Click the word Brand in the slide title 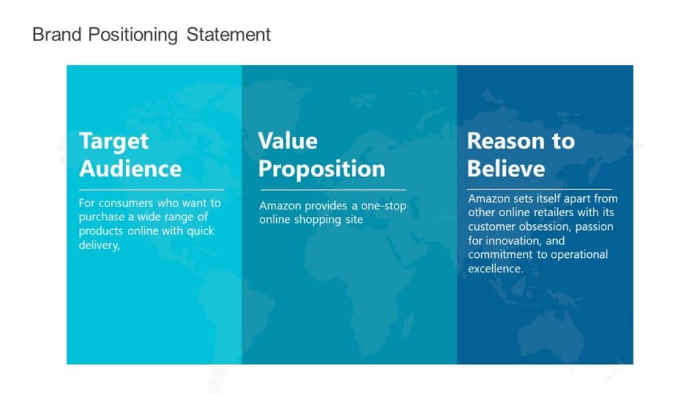[57, 34]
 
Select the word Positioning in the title [131, 34]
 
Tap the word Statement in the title [229, 34]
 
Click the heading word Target [113, 141]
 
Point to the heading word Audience [130, 168]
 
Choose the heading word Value [288, 141]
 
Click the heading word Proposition [321, 168]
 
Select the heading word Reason [502, 141]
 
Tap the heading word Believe [506, 168]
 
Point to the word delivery [98, 245]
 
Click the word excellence [495, 269]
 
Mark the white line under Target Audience [151, 189]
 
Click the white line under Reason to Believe [539, 189]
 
